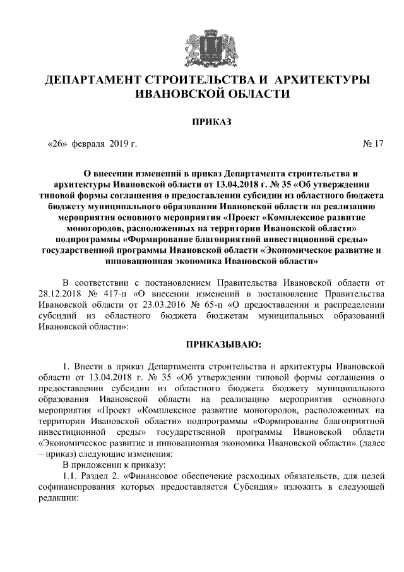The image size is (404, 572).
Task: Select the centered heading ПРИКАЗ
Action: click(x=201, y=120)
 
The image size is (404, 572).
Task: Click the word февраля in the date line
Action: click(x=88, y=143)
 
